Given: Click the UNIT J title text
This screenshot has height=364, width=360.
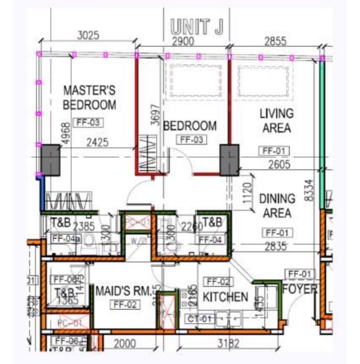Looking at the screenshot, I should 197,27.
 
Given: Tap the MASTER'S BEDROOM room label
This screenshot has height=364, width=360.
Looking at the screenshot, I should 89,97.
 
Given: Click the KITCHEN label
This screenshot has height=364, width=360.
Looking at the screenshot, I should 225,297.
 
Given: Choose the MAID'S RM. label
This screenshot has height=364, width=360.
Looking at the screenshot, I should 123,291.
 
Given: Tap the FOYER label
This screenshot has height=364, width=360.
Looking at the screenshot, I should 300,289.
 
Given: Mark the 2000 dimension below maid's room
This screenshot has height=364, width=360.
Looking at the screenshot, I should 124,344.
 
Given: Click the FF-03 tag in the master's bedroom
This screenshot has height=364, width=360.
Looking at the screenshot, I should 88,123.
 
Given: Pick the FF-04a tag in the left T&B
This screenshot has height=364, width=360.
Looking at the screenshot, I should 66,239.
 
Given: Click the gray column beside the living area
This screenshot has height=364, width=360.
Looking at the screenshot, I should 230,160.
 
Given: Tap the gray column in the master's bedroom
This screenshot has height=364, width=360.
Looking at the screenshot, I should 50,160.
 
